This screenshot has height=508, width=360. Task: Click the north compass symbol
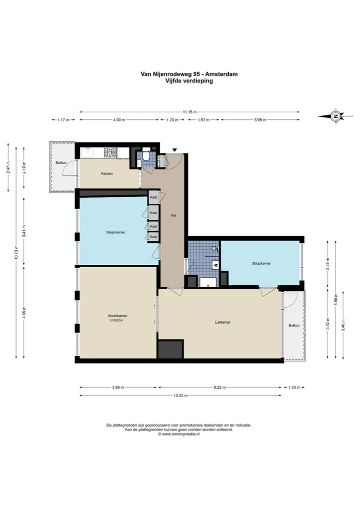(335, 116)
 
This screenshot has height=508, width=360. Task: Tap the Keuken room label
(107, 174)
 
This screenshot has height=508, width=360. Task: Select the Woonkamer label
(117, 316)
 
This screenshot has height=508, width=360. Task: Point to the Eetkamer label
(223, 322)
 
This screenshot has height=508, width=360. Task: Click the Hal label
(173, 215)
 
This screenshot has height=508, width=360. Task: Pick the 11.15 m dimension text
(189, 112)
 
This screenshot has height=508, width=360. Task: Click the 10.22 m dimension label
(180, 396)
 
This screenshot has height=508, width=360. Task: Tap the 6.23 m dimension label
(219, 388)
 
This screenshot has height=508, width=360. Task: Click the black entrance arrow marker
(175, 150)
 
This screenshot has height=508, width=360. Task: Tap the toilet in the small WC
(146, 155)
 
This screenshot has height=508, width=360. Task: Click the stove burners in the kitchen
(109, 152)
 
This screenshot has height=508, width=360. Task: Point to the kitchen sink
(87, 153)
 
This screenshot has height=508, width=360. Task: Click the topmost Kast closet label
(153, 197)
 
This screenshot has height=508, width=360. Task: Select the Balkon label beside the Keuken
(61, 163)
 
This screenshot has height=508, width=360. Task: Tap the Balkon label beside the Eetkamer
(294, 325)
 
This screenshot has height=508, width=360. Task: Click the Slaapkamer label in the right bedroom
(261, 263)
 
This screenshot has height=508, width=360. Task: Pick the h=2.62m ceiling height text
(116, 320)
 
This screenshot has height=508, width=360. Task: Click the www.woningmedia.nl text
(180, 434)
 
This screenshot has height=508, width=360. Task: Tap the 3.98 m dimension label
(260, 120)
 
